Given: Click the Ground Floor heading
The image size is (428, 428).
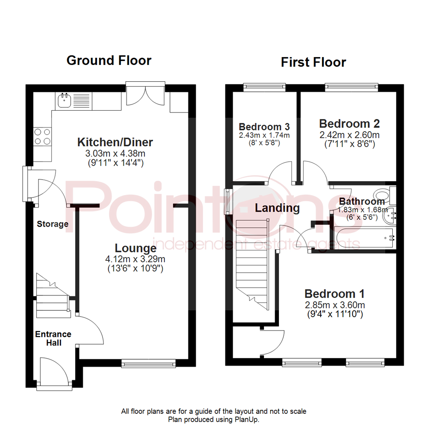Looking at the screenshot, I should click(x=109, y=61).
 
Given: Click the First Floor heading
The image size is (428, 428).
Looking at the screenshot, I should click(x=313, y=62).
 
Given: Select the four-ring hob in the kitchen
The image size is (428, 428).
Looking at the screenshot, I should click(x=42, y=136).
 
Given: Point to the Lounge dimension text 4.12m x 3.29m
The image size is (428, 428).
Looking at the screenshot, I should click(x=135, y=260).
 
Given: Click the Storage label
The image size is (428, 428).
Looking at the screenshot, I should click(x=53, y=224).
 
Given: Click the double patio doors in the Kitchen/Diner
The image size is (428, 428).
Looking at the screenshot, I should click(x=145, y=93).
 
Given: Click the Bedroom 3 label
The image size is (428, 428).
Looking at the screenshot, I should click(x=264, y=127).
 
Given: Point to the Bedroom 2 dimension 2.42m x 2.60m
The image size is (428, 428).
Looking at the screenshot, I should click(x=349, y=135).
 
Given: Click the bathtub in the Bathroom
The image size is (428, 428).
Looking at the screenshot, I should click(x=365, y=237).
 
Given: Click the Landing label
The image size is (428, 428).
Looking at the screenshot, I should click(x=277, y=207).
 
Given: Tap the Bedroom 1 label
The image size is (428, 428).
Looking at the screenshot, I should click(x=334, y=294).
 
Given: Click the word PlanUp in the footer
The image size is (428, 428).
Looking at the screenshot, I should click(x=248, y=419).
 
